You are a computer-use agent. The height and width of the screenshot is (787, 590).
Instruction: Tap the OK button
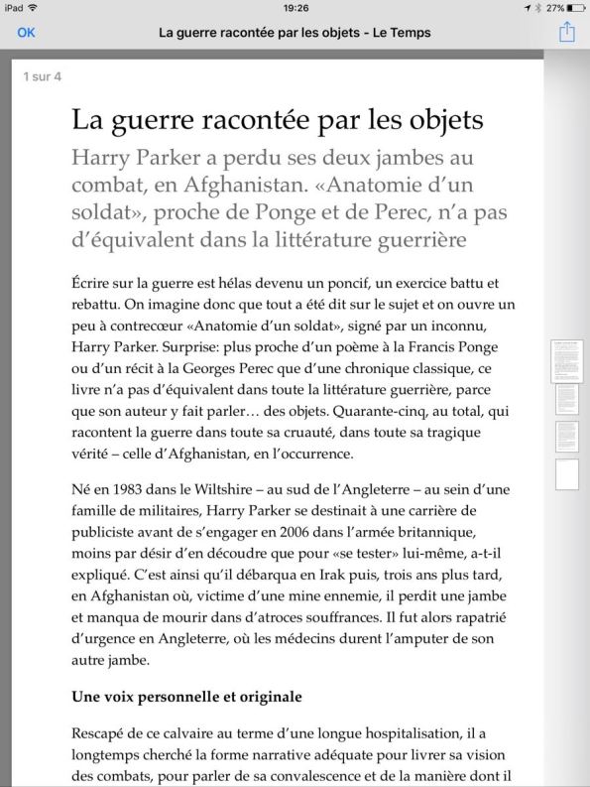(x=26, y=32)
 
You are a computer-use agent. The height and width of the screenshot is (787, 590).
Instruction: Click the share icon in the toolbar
(x=567, y=32)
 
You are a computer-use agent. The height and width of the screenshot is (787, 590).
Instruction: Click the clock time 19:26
(x=295, y=7)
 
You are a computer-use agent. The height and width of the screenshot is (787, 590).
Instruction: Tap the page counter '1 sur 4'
(x=43, y=76)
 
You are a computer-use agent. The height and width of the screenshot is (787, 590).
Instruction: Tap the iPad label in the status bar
(x=14, y=7)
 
